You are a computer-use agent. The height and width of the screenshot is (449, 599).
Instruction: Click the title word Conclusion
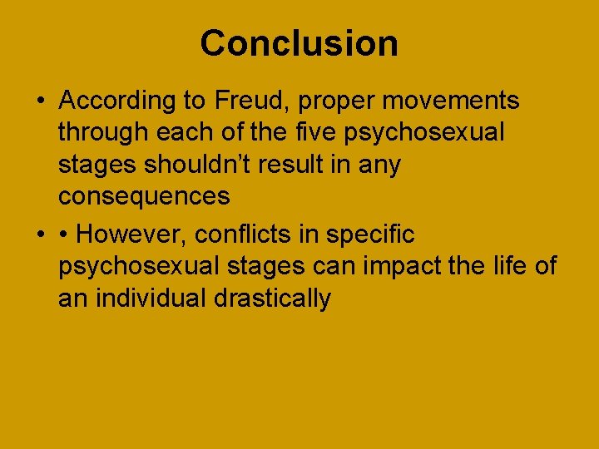pos(299,43)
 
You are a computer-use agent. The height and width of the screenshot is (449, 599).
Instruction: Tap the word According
pos(113,101)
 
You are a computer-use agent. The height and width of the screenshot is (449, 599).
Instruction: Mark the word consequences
pos(144,197)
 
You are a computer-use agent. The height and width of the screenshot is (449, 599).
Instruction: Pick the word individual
pos(154,298)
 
